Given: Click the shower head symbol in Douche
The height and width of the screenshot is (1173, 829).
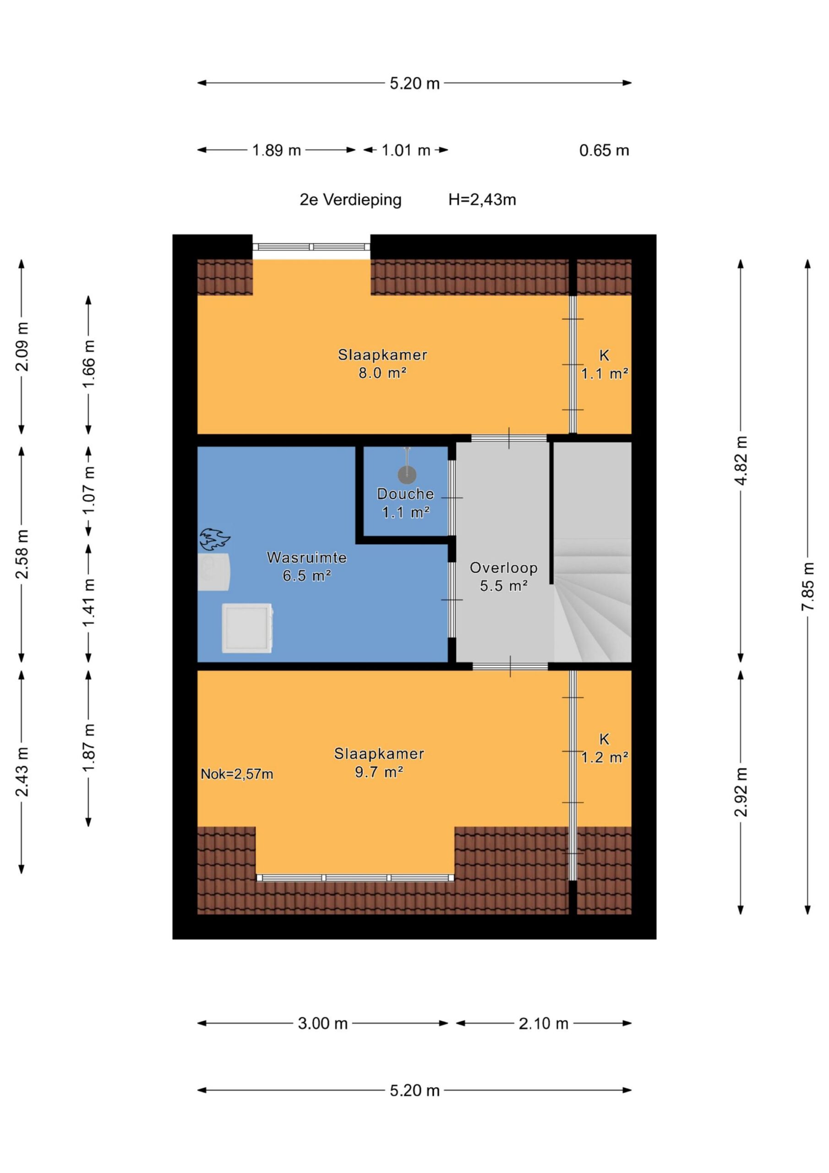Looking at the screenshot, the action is click(407, 474).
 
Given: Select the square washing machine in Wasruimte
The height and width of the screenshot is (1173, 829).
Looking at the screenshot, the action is click(247, 628).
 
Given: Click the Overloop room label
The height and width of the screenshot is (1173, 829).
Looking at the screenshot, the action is click(504, 568).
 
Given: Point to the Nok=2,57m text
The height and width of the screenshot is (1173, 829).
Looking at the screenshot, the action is click(236, 774).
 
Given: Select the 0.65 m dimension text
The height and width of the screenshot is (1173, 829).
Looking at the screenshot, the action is click(604, 150).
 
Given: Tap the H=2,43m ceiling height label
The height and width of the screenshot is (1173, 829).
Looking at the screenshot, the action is click(482, 200).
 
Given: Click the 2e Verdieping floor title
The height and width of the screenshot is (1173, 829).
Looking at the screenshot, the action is click(350, 200).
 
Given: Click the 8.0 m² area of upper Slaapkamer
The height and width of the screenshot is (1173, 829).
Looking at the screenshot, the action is click(382, 373).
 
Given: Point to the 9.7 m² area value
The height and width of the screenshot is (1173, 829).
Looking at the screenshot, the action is click(379, 772).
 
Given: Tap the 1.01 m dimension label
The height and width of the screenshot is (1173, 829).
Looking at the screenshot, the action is click(406, 150).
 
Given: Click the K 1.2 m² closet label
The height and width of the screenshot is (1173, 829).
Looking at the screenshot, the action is click(605, 748).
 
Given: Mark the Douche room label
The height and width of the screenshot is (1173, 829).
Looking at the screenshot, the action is click(405, 493).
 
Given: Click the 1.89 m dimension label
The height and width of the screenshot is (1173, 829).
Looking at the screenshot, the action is click(276, 150).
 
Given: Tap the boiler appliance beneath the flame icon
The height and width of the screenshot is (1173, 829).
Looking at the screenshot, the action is click(214, 572).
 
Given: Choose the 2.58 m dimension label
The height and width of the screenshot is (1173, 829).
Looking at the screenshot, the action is click(22, 554).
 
